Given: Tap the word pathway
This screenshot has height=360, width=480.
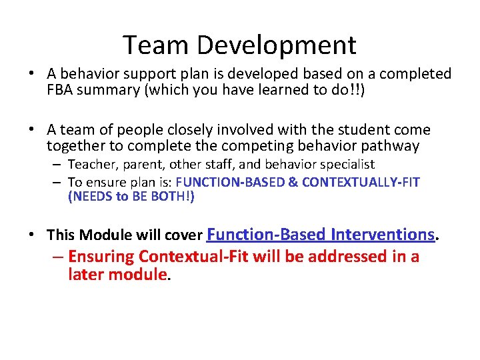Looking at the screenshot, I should (395, 146).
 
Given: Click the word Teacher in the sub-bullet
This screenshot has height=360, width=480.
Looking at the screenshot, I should (91, 164).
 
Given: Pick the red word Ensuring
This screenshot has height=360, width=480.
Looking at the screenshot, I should (105, 257).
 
